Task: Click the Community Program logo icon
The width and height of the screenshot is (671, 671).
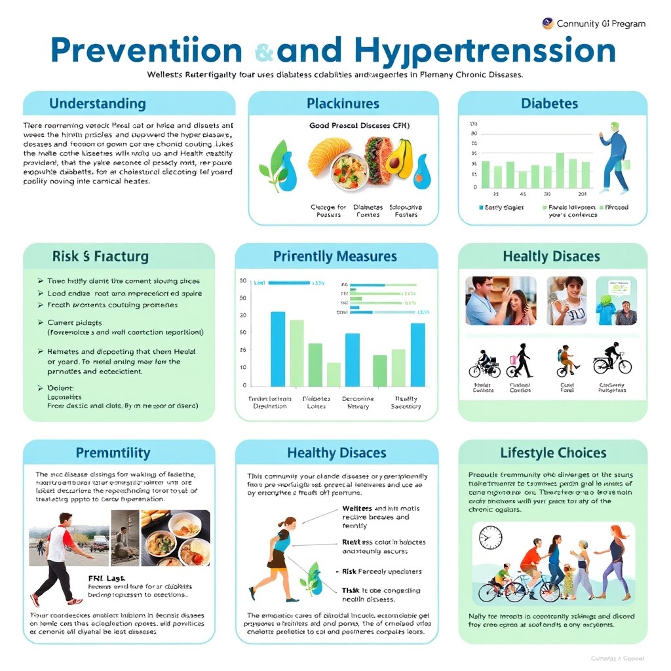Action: coord(548,24)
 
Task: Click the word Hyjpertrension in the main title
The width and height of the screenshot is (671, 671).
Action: coord(485,50)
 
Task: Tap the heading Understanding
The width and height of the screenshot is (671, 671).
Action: coord(97,104)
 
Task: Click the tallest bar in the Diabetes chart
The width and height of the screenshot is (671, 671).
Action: coord(560,170)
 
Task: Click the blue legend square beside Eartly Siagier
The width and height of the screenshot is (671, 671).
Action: coord(481,208)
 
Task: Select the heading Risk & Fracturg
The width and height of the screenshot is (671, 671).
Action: coord(100,256)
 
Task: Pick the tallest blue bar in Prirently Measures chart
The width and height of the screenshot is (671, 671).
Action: coord(277,349)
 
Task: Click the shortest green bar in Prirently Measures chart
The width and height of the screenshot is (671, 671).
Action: coord(334,374)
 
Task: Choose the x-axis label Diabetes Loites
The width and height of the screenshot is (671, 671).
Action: coord(316,402)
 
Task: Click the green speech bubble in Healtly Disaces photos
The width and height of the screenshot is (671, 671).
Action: coord(617,287)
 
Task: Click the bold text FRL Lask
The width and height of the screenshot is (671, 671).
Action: coord(106,579)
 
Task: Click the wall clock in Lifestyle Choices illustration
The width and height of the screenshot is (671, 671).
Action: coord(489,537)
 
